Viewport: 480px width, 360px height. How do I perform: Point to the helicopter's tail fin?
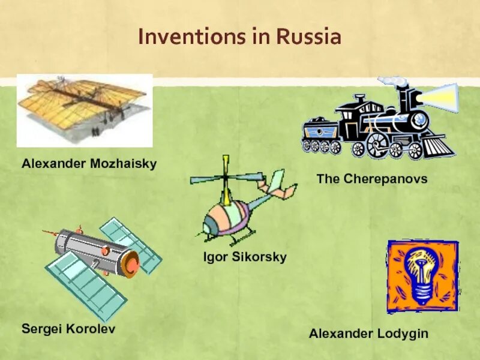[277, 182]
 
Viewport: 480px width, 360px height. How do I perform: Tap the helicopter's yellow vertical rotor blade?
[226, 171]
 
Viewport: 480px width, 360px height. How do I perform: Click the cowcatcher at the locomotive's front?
[438, 145]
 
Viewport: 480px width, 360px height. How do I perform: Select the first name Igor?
[214, 257]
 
